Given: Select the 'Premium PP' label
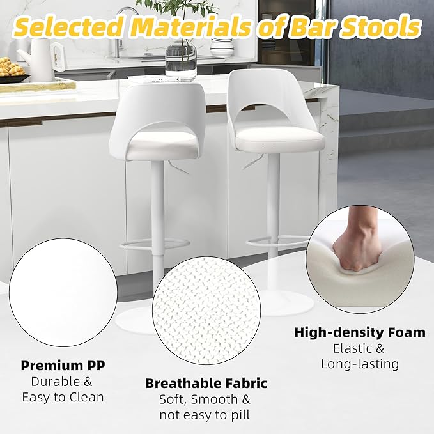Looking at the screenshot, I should coord(63,366).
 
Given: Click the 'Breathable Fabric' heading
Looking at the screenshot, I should coord(206,384).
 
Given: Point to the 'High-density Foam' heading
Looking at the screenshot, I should coord(359,332).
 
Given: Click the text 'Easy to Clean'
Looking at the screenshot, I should coord(63,397).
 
